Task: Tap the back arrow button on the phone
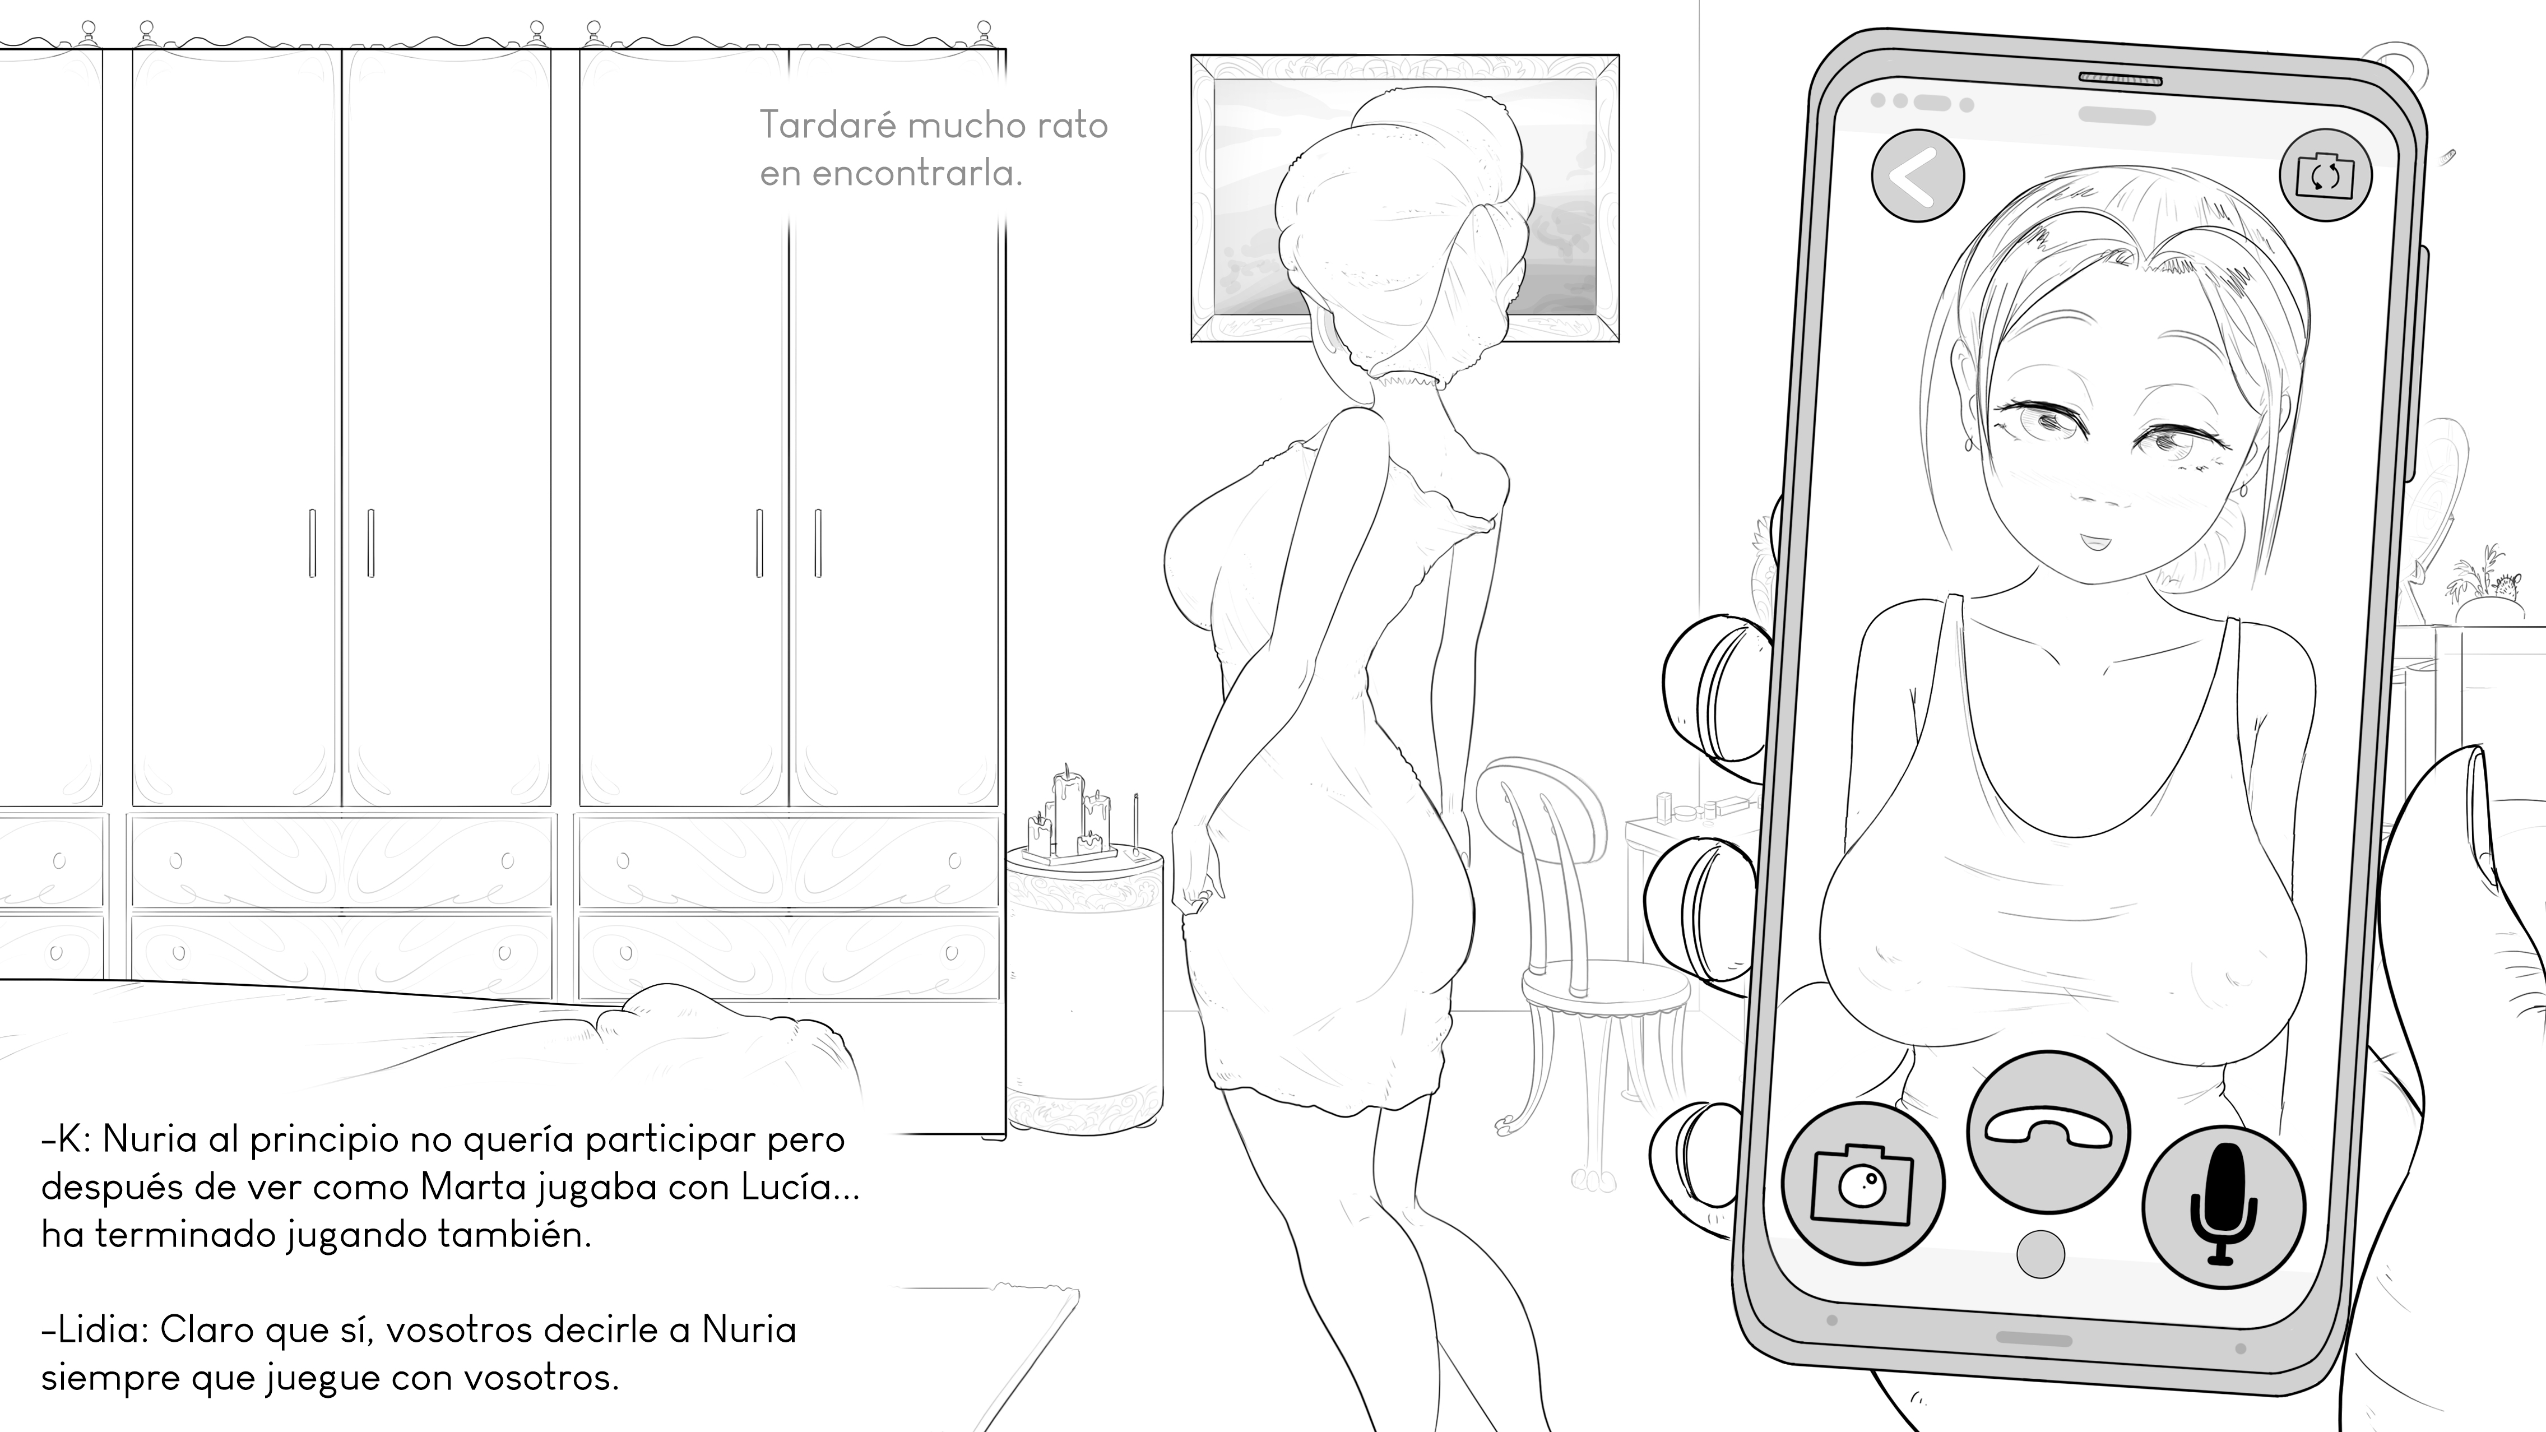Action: [1917, 176]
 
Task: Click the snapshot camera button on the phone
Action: [1863, 1184]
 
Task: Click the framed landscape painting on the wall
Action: [1404, 198]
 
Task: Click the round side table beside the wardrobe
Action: [1084, 988]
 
